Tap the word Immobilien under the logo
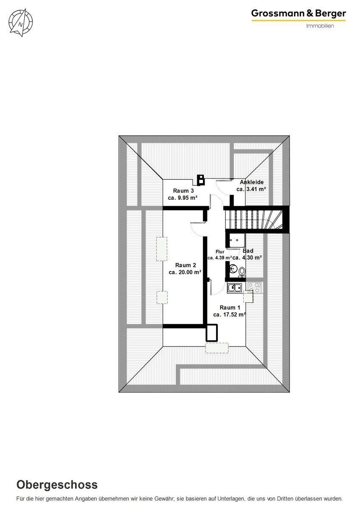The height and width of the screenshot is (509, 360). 320,26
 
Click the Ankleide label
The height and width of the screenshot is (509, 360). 252,182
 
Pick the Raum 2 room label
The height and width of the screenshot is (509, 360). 186,266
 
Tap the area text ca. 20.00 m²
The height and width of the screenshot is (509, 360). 185,273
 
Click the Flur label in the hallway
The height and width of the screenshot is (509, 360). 219,252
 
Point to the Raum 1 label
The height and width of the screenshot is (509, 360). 230,308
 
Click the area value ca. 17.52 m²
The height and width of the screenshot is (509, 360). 230,315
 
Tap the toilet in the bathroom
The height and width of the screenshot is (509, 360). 242,271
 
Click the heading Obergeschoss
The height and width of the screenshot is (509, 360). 57,485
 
